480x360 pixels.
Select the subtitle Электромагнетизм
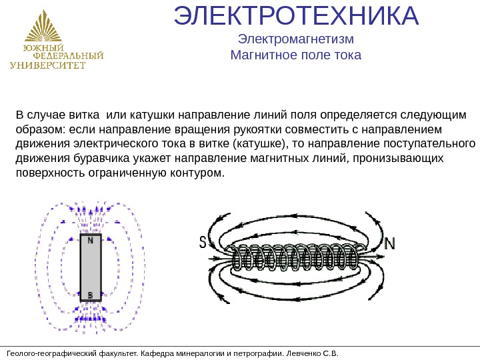point(295,39)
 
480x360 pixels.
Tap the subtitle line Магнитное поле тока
point(295,55)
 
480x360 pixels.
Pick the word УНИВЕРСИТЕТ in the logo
point(48,65)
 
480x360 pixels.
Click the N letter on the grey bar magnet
point(91,242)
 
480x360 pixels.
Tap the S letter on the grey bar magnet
point(91,293)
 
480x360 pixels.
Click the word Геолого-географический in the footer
point(46,353)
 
